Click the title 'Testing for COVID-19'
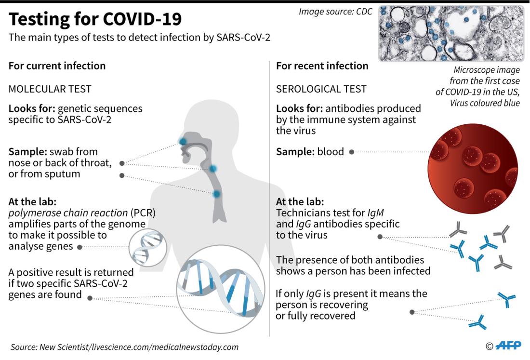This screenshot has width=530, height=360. pos(95,19)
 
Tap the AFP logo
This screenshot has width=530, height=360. pos(508,346)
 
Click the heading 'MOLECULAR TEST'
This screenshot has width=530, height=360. pos(50,89)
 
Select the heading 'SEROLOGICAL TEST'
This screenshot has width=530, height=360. pos(321,89)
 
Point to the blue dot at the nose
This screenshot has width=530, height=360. pos(183,141)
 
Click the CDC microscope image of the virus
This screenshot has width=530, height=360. pos(451,33)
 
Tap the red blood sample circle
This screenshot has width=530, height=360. pos(473,168)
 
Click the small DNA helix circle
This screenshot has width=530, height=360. pos(148,248)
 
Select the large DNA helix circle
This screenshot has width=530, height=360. pos(221,289)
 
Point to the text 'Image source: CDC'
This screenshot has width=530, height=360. pos(335,12)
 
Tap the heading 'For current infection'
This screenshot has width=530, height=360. pos(57,66)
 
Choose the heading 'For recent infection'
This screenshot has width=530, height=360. pos(322,66)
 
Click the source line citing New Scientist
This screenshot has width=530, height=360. pos(124,347)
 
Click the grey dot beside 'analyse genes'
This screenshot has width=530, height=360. pos(80,247)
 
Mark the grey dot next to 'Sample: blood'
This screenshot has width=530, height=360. pos(352,152)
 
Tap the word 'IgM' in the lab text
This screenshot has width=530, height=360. pos(375,213)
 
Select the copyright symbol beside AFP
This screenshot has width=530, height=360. pos(490,346)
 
